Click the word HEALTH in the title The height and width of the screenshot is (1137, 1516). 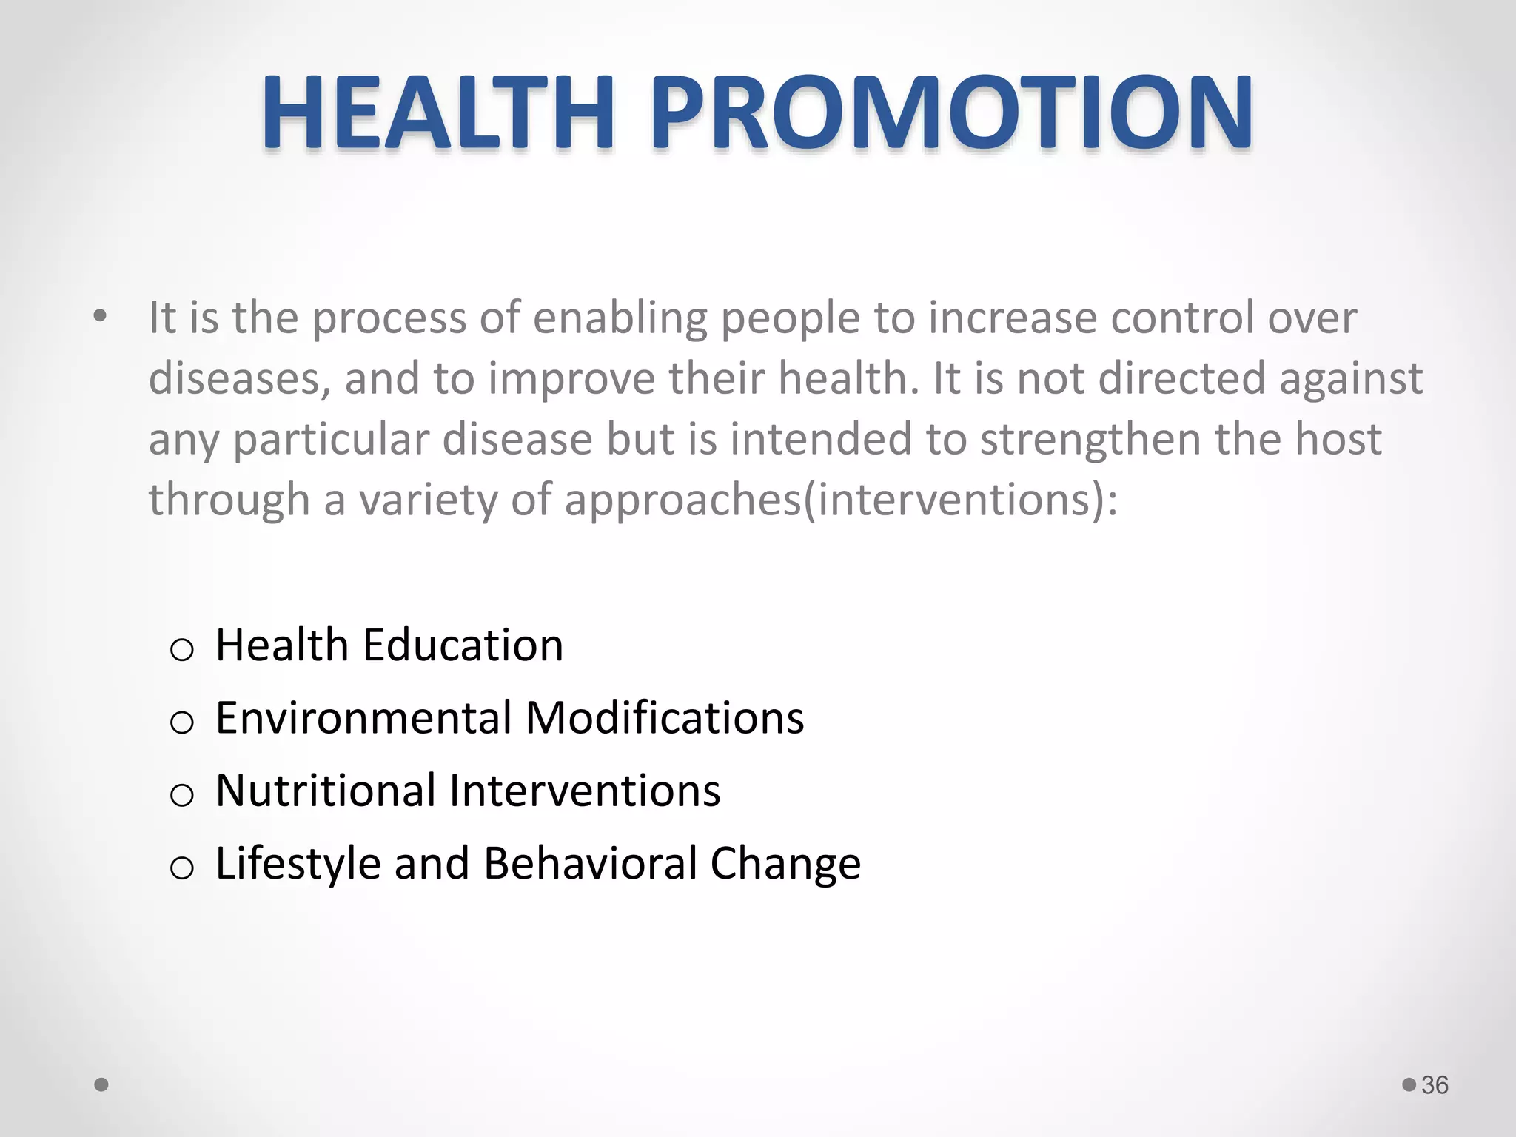coord(437,113)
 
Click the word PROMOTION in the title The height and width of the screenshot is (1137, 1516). coord(950,113)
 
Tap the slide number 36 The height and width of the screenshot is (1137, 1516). coord(1435,1085)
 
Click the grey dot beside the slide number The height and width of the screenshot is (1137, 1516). coord(1409,1084)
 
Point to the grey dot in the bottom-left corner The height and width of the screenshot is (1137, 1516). coord(102,1085)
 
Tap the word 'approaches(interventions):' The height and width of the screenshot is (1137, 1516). coord(841,500)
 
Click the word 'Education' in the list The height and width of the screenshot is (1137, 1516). coord(463,645)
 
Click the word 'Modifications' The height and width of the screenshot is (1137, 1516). coord(665,717)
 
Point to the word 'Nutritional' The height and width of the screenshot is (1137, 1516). coord(326,790)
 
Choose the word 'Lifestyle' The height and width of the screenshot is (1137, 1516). coord(298,864)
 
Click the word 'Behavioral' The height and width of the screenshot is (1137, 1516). coord(589,863)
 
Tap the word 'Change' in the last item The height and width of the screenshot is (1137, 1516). coord(785,863)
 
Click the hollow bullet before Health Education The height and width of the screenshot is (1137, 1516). coord(182,650)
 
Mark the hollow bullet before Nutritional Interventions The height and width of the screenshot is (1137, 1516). coord(182,795)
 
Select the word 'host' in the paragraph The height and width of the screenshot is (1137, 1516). coord(1338,440)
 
